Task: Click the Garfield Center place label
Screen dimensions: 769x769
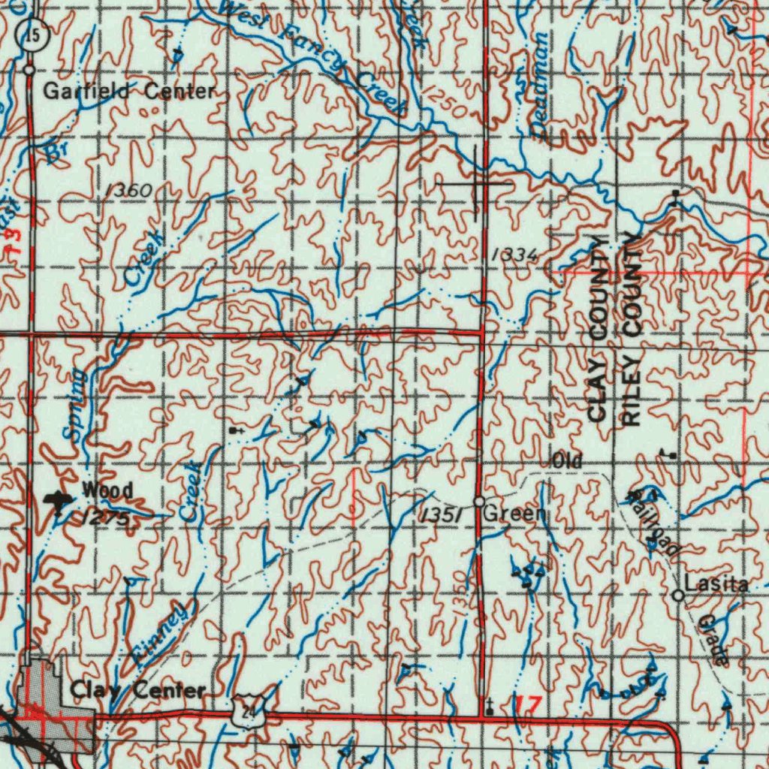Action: [x=129, y=92]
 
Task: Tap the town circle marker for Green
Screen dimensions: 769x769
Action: [x=479, y=501]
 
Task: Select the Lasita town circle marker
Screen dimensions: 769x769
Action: [x=677, y=596]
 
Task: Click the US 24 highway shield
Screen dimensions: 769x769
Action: [x=246, y=711]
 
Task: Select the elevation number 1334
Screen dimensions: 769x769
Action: [x=514, y=256]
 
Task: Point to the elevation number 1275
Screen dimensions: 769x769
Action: [x=107, y=518]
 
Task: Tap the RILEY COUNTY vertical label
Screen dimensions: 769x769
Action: [x=632, y=330]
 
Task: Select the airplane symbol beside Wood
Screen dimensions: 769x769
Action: [x=56, y=501]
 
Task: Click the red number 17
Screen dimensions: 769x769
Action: [x=528, y=704]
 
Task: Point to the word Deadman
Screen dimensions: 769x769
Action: [x=540, y=84]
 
